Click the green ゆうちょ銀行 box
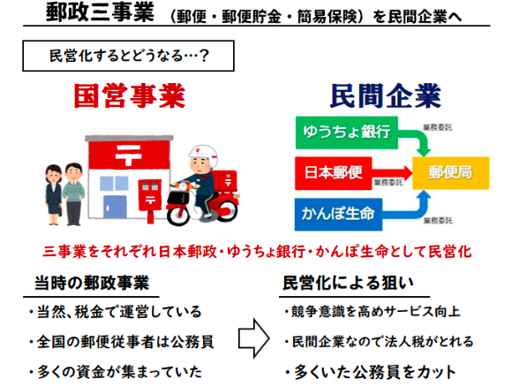(347, 133)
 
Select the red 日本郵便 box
(334, 173)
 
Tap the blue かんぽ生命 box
(338, 215)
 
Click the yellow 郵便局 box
(451, 173)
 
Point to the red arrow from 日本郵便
(392, 173)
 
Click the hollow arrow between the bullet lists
(254, 338)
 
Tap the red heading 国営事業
(130, 96)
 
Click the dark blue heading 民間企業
(385, 96)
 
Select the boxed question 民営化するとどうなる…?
(128, 56)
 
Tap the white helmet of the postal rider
(202, 154)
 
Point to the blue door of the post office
(115, 207)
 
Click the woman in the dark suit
(54, 194)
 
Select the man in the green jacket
(73, 194)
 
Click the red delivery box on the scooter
(225, 181)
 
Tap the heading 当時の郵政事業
(92, 283)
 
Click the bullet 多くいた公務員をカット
(370, 372)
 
